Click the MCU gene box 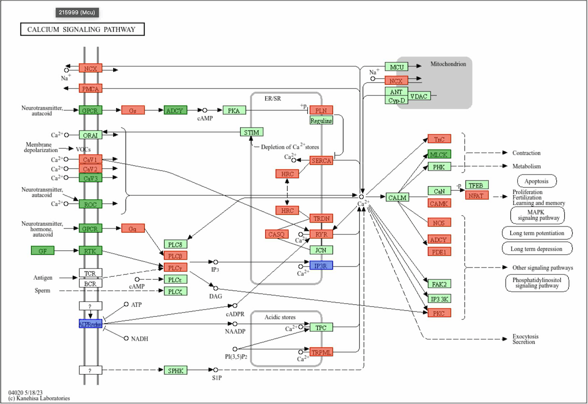pos(397,67)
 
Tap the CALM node pos(397,198)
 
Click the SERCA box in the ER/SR pos(321,161)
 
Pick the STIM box pos(252,132)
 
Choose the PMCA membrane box pos(90,89)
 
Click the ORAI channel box pos(90,135)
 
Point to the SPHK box pos(176,370)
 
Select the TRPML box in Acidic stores pos(321,352)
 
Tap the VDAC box pos(420,96)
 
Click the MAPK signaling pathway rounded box pos(538,215)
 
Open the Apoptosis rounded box pos(537,181)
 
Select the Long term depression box pos(537,248)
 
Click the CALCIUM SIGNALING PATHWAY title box pos(82,30)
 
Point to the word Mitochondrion pos(448,64)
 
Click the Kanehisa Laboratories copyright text pos(39,398)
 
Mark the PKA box pos(234,110)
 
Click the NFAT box pos(477,195)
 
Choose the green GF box pos(42,251)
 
